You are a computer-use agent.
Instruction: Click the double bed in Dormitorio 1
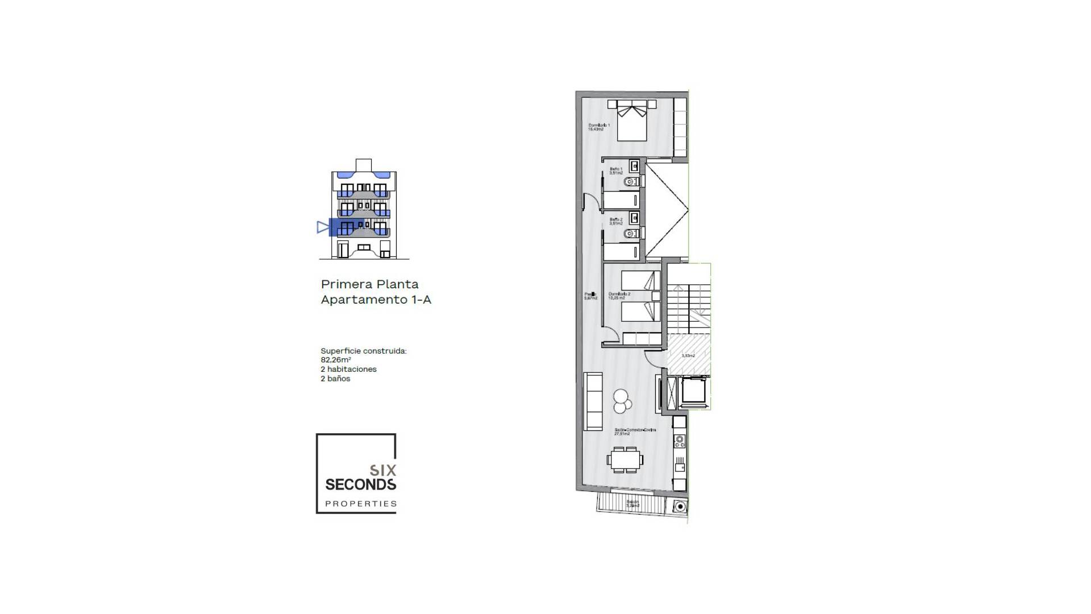632,121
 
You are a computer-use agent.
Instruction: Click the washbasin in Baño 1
635,167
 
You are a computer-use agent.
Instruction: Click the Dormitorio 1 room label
599,127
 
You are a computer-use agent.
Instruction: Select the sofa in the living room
593,401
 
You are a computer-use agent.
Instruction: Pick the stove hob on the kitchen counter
679,441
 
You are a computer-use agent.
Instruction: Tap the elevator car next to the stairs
693,391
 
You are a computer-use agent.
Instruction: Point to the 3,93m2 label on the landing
688,356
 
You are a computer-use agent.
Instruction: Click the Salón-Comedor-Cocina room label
635,432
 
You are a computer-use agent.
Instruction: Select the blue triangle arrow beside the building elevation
323,227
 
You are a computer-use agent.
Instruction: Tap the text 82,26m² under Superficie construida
335,360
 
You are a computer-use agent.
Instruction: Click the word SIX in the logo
383,470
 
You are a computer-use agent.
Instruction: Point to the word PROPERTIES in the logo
361,504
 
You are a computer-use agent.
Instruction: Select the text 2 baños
335,379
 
